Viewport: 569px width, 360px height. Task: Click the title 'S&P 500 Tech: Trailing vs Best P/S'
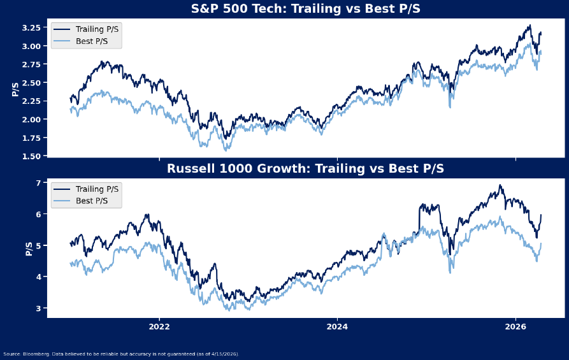[x=305, y=9]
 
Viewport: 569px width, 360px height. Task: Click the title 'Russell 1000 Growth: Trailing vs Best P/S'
[x=305, y=169]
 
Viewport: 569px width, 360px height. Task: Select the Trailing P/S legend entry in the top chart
[x=96, y=29]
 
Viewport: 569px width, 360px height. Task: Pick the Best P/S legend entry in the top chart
[x=92, y=41]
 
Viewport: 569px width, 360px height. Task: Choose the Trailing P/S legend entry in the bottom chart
[x=96, y=189]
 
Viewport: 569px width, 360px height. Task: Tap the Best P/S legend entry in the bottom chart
[x=92, y=201]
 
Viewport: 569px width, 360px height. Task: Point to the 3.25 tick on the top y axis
[x=31, y=28]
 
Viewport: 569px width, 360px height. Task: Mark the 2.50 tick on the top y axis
[x=31, y=83]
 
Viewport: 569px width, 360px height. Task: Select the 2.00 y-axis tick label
[x=31, y=120]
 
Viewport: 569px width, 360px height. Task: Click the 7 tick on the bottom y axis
[x=38, y=184]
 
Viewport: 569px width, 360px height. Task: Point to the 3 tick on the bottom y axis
[x=38, y=308]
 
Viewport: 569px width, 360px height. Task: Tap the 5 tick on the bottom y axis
[x=38, y=246]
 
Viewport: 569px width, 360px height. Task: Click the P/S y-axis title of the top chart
[x=15, y=90]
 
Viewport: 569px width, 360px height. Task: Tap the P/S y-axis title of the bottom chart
[x=29, y=249]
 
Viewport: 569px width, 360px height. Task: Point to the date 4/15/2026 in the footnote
[x=225, y=354]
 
